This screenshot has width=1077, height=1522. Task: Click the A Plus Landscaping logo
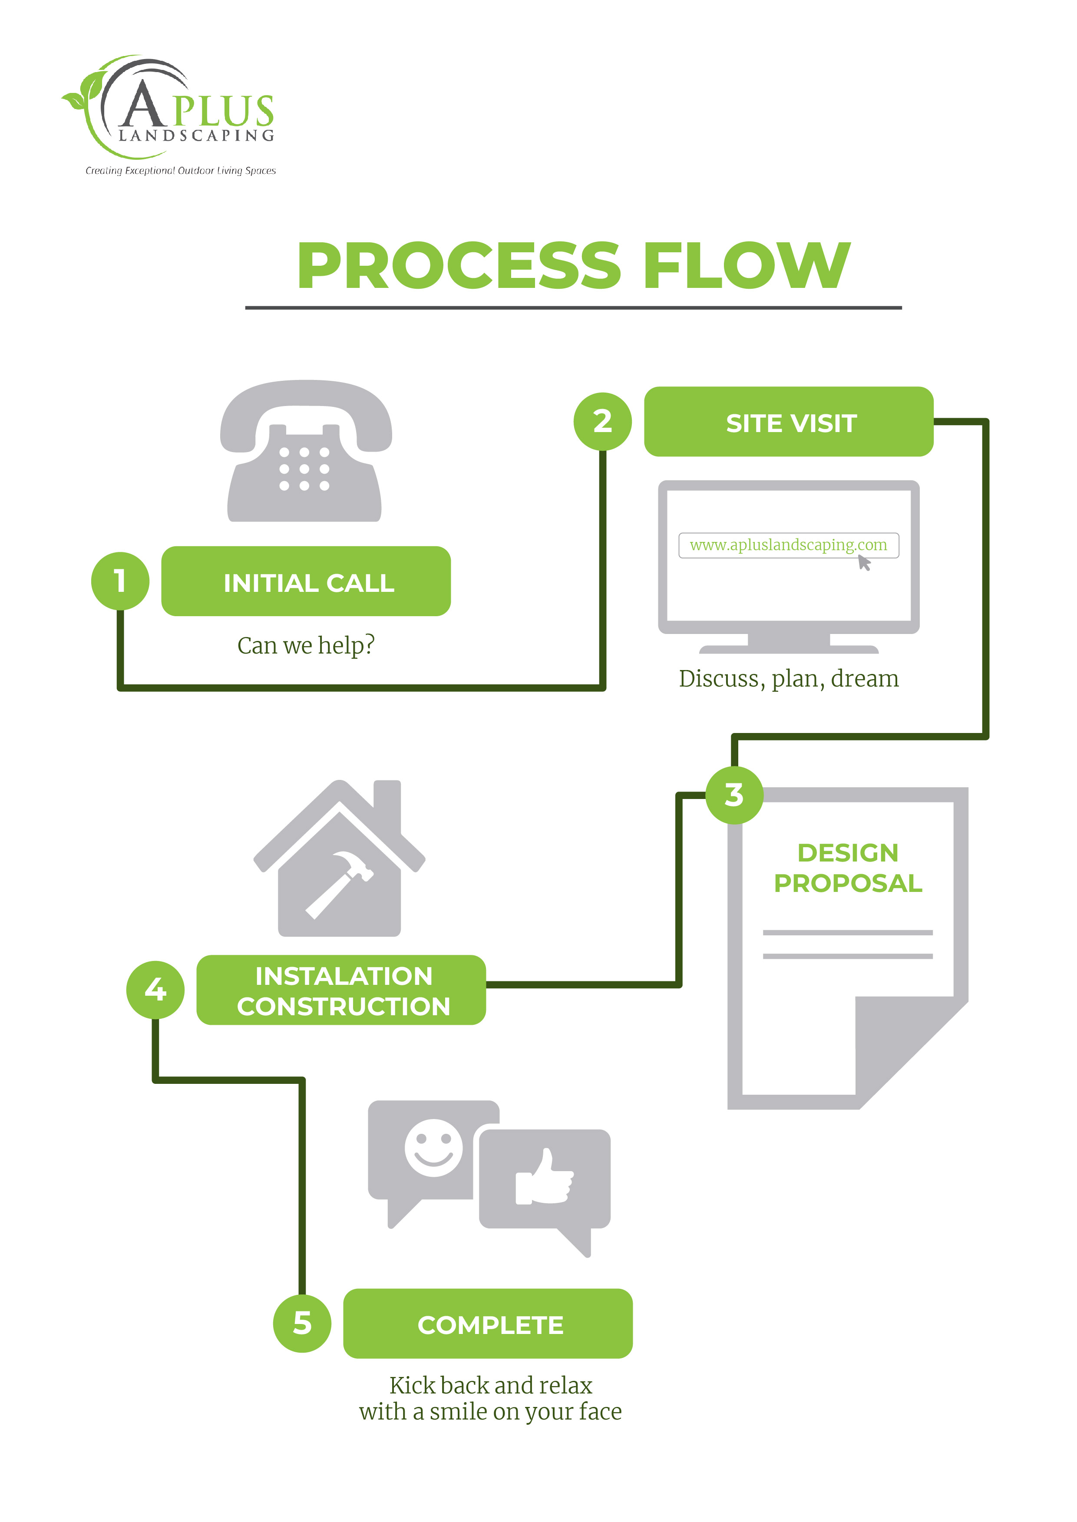[169, 113]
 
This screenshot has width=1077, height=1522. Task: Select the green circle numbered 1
[120, 581]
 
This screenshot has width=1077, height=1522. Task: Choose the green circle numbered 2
[602, 422]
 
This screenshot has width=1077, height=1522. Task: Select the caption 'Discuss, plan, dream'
[789, 678]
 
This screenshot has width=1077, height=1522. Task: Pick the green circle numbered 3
[734, 795]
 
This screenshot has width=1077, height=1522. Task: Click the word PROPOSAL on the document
[848, 883]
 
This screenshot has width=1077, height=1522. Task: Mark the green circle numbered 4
[155, 990]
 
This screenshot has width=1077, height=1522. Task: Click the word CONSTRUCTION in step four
[344, 1007]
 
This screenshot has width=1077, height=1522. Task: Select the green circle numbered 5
[302, 1323]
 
